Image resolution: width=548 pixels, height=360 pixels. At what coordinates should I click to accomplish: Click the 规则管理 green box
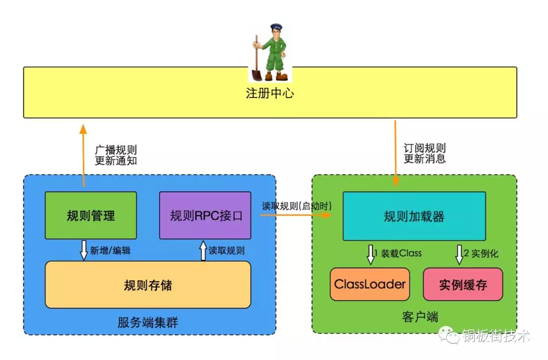pos(91,215)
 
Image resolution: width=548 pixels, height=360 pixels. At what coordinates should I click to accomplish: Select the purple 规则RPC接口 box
pos(205,215)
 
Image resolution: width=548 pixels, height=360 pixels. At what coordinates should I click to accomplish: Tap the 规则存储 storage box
pos(148,284)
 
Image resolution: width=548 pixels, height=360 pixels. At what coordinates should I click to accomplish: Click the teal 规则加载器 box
pos(414,216)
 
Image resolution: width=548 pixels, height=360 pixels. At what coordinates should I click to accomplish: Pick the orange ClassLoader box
pos(370,284)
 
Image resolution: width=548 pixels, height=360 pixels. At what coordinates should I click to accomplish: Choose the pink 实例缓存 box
pos(463,284)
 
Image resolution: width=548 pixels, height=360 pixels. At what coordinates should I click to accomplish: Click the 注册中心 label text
pos(270,94)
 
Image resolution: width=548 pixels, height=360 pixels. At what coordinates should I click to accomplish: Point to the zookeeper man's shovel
pos(256,61)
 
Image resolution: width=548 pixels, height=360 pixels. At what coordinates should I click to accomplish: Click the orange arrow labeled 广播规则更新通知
pos(84,152)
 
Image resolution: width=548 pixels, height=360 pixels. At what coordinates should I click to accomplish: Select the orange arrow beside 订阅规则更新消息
pos(395,152)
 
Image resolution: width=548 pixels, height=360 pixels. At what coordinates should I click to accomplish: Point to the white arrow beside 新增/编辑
pos(84,250)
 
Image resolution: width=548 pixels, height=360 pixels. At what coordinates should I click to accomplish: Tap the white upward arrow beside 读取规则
pos(203,250)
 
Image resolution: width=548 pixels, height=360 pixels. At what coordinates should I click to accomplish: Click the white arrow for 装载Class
pos(370,254)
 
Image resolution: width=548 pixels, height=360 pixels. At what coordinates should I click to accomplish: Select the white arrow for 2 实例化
pos(460,254)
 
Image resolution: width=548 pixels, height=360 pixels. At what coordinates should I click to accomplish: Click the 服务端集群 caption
pos(148,322)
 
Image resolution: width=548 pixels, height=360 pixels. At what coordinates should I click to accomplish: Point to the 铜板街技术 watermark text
pos(496,336)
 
